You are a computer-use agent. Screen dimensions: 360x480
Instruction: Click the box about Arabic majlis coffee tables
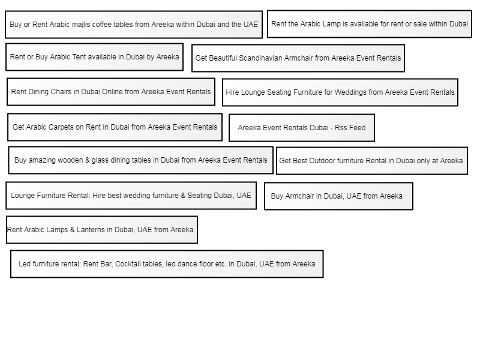(134, 25)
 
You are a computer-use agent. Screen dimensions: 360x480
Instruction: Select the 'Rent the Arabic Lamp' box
(369, 24)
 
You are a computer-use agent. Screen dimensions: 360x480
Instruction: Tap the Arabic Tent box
(94, 57)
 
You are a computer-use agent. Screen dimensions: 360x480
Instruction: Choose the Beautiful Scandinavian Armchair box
(298, 58)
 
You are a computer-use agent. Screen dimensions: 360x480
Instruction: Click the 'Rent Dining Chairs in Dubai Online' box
(111, 92)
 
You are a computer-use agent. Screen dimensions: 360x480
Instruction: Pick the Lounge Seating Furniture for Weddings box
(340, 92)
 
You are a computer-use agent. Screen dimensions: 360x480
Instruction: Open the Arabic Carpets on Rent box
(115, 127)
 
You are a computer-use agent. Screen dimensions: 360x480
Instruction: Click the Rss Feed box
(301, 128)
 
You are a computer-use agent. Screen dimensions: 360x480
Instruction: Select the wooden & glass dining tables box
(140, 160)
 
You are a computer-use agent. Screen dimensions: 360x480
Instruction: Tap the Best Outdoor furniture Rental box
(371, 161)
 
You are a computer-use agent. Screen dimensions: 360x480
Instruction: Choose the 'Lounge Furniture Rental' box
(131, 196)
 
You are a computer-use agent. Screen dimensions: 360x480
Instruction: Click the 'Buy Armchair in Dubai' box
(338, 196)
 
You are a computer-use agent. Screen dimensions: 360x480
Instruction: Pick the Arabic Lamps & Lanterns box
(101, 230)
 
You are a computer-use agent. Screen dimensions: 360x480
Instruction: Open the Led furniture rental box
(167, 264)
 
